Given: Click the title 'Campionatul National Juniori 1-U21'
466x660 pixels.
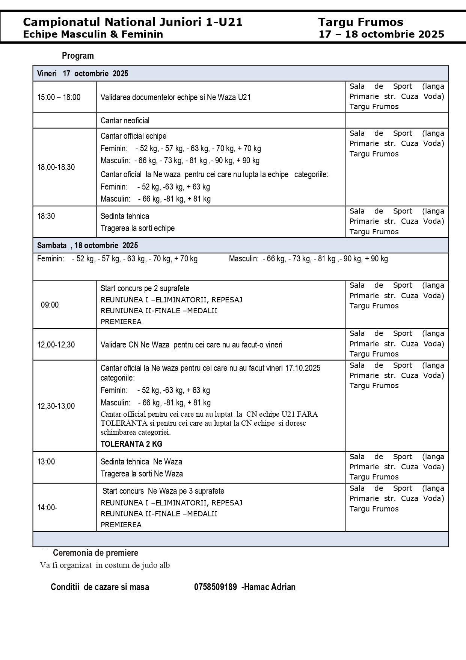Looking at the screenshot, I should [133, 22].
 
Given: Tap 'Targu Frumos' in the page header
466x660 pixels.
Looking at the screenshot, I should [360, 22].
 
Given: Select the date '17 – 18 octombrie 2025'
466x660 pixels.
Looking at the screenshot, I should [381, 35].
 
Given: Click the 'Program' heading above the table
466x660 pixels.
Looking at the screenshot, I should [78, 56].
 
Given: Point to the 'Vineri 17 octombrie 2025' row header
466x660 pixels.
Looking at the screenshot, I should [83, 74].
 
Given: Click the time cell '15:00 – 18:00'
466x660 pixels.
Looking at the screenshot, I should [59, 97].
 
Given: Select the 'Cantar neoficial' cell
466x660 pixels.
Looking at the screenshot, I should [125, 121].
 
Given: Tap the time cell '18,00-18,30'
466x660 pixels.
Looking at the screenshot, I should [56, 167].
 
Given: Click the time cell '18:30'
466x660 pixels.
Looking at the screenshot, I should [46, 216].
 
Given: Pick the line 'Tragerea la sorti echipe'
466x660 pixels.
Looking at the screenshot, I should [137, 228].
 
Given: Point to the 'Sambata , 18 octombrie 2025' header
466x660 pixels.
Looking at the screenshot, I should [87, 246].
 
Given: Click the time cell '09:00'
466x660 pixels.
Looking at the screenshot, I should [50, 305].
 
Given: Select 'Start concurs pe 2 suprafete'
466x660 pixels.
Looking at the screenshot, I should [145, 288].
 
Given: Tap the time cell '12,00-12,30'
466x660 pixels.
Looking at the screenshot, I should [56, 345].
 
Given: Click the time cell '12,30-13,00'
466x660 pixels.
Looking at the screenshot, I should [56, 406].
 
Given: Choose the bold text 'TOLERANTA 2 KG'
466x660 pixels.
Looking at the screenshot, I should [131, 444].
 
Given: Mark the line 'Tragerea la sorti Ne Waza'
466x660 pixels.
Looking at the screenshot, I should [142, 474].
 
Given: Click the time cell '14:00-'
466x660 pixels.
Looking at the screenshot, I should [47, 508].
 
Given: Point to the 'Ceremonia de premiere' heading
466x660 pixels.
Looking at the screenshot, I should [95, 553].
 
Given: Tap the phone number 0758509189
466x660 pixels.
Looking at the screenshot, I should [215, 587].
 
